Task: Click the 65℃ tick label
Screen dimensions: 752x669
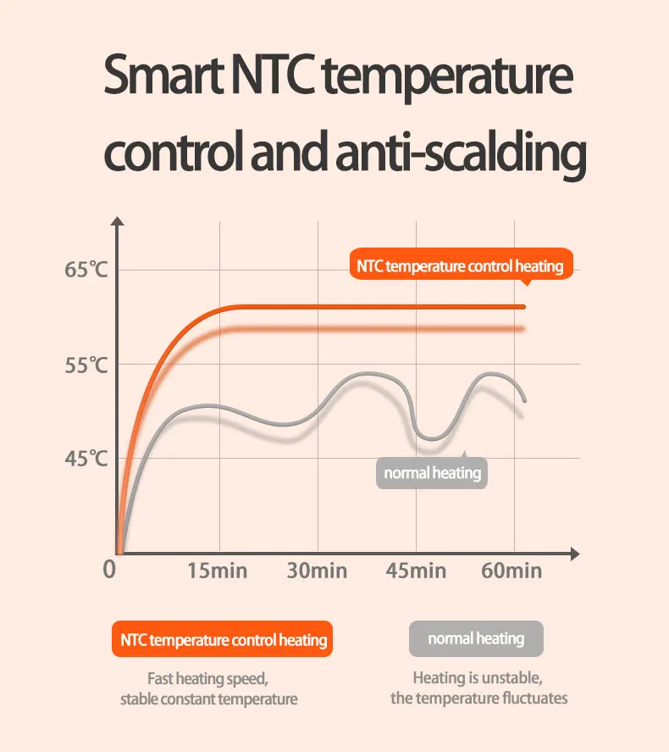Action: coord(86,270)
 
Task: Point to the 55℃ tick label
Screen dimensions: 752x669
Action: coord(86,365)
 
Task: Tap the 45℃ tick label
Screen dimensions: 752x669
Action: coord(86,460)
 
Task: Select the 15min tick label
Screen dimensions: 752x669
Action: coord(218,571)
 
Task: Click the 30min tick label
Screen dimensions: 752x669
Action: coord(317,571)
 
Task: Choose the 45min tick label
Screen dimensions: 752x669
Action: coord(416,571)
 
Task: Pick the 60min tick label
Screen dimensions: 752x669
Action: coord(511,571)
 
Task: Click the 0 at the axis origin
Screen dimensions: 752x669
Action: coord(109,570)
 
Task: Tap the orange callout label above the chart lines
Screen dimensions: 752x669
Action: coord(460,266)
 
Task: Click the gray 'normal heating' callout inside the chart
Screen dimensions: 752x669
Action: coord(433,473)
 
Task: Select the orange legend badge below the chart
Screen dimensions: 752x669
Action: coord(222,639)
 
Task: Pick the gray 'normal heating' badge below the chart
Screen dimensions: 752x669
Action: coord(476,638)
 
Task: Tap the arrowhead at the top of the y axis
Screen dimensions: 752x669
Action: coord(119,222)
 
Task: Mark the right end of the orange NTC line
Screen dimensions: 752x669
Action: coord(523,306)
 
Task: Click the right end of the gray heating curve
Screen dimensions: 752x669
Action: coord(524,399)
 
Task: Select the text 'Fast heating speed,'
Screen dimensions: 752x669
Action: coord(208,679)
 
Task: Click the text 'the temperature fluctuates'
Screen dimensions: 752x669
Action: coord(478,699)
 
